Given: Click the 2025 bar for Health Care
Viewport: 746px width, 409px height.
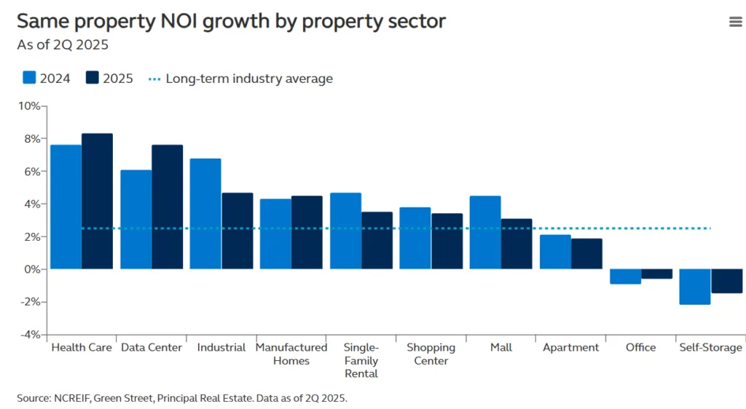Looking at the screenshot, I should tap(97, 201).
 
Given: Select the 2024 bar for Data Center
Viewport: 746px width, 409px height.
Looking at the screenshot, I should tap(136, 219).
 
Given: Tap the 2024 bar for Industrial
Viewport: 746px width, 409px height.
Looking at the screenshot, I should tap(205, 213).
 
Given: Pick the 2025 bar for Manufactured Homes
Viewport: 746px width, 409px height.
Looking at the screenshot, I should tap(307, 232).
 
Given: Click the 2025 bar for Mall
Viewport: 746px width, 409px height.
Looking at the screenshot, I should tap(517, 244).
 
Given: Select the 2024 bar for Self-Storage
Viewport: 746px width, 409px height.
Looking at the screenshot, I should tap(695, 287).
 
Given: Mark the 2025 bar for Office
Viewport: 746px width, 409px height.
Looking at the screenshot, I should tap(656, 274).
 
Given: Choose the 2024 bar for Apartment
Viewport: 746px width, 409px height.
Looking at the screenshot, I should tap(555, 252).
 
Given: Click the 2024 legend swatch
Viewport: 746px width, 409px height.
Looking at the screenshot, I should tap(30, 78).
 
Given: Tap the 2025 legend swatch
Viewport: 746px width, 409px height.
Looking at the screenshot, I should tap(93, 78).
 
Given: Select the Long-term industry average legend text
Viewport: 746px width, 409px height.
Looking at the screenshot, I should tap(249, 79).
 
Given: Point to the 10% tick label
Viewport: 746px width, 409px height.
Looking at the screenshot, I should tap(29, 106).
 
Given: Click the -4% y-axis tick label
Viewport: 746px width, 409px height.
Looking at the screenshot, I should tap(29, 335).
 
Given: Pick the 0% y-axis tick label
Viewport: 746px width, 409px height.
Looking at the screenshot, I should tap(32, 269).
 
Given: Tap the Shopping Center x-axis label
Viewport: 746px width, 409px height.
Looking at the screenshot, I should tap(431, 354).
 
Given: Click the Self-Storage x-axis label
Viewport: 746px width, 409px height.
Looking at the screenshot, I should tap(710, 348).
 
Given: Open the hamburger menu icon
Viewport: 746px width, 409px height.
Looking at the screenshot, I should tap(735, 22).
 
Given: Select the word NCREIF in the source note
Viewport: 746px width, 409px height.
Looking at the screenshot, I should tap(72, 398).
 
